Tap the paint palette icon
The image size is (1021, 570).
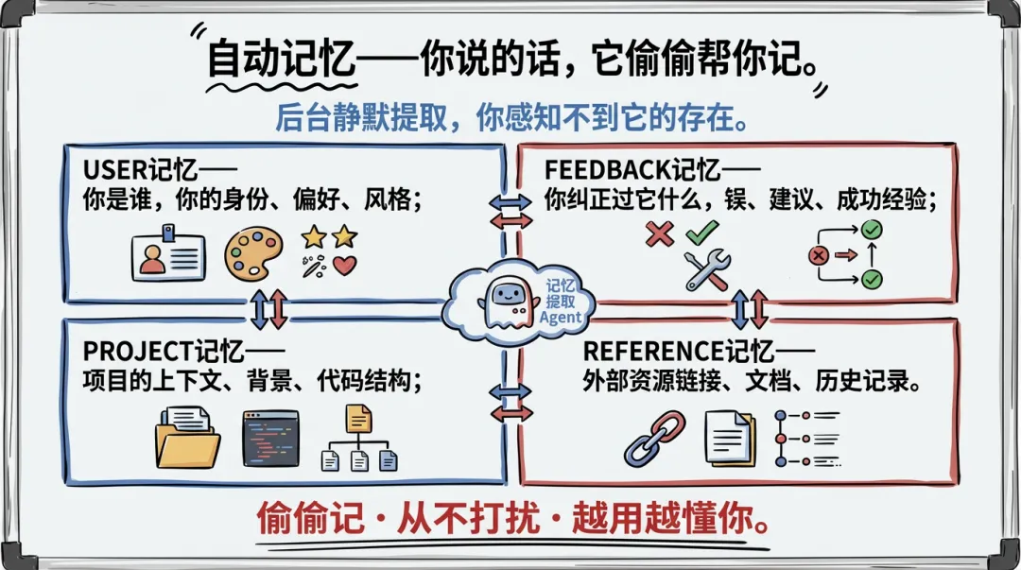pos(252,251)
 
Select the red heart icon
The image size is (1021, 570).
pos(345,266)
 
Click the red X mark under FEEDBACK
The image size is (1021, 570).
pos(659,233)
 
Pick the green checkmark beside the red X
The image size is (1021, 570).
pos(702,233)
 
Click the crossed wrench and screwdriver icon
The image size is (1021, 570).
pos(707,269)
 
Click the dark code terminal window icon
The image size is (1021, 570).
pos(270,438)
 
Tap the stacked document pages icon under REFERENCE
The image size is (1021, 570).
pos(730,439)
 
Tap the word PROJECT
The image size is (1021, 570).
pos(138,352)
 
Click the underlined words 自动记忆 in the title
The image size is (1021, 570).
pos(281,60)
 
